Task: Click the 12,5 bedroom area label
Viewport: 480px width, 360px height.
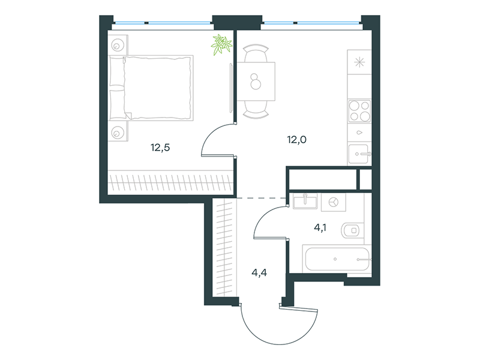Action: pyautogui.click(x=160, y=148)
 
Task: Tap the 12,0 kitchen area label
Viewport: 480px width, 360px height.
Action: pyautogui.click(x=296, y=140)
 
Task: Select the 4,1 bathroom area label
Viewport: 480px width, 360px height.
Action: pyautogui.click(x=320, y=227)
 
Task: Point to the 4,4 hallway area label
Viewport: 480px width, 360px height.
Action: pyautogui.click(x=259, y=272)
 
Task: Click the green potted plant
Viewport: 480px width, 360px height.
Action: pyautogui.click(x=221, y=44)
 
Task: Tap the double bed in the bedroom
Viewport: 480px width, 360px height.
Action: pyautogui.click(x=151, y=88)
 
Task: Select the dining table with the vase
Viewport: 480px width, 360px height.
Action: pyautogui.click(x=256, y=81)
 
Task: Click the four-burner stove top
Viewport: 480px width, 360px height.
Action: pyautogui.click(x=359, y=110)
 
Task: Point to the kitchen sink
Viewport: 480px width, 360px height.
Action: pyautogui.click(x=359, y=154)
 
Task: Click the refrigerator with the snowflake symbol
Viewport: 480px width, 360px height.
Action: pyautogui.click(x=359, y=62)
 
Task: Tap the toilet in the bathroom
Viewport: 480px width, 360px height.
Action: pyautogui.click(x=352, y=230)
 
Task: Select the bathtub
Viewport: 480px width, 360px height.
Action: pyautogui.click(x=337, y=259)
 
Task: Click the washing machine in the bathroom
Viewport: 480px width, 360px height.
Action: pyautogui.click(x=334, y=202)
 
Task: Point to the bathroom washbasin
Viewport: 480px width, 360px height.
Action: pyautogui.click(x=305, y=202)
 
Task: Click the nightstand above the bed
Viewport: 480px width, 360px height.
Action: pyautogui.click(x=117, y=45)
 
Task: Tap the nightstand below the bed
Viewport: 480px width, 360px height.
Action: pyautogui.click(x=118, y=131)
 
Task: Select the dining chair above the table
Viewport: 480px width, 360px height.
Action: pyautogui.click(x=256, y=53)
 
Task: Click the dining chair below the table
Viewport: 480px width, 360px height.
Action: pyautogui.click(x=256, y=110)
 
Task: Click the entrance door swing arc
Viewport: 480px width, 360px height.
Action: pyautogui.click(x=280, y=344)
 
